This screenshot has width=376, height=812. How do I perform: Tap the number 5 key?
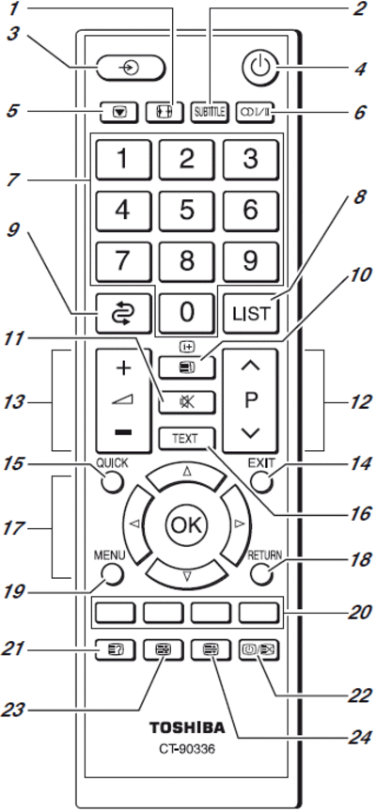coord(186,211)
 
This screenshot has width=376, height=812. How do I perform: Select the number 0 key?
coord(186,312)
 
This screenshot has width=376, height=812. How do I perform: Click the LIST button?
coord(251,313)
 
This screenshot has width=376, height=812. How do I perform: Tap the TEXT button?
coord(186,439)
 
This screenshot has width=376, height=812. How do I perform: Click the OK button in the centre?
coord(186,525)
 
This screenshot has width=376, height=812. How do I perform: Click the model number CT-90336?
coord(187,748)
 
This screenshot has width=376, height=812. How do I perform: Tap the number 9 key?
coord(251,261)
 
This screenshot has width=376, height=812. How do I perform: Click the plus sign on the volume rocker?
coord(123,368)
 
